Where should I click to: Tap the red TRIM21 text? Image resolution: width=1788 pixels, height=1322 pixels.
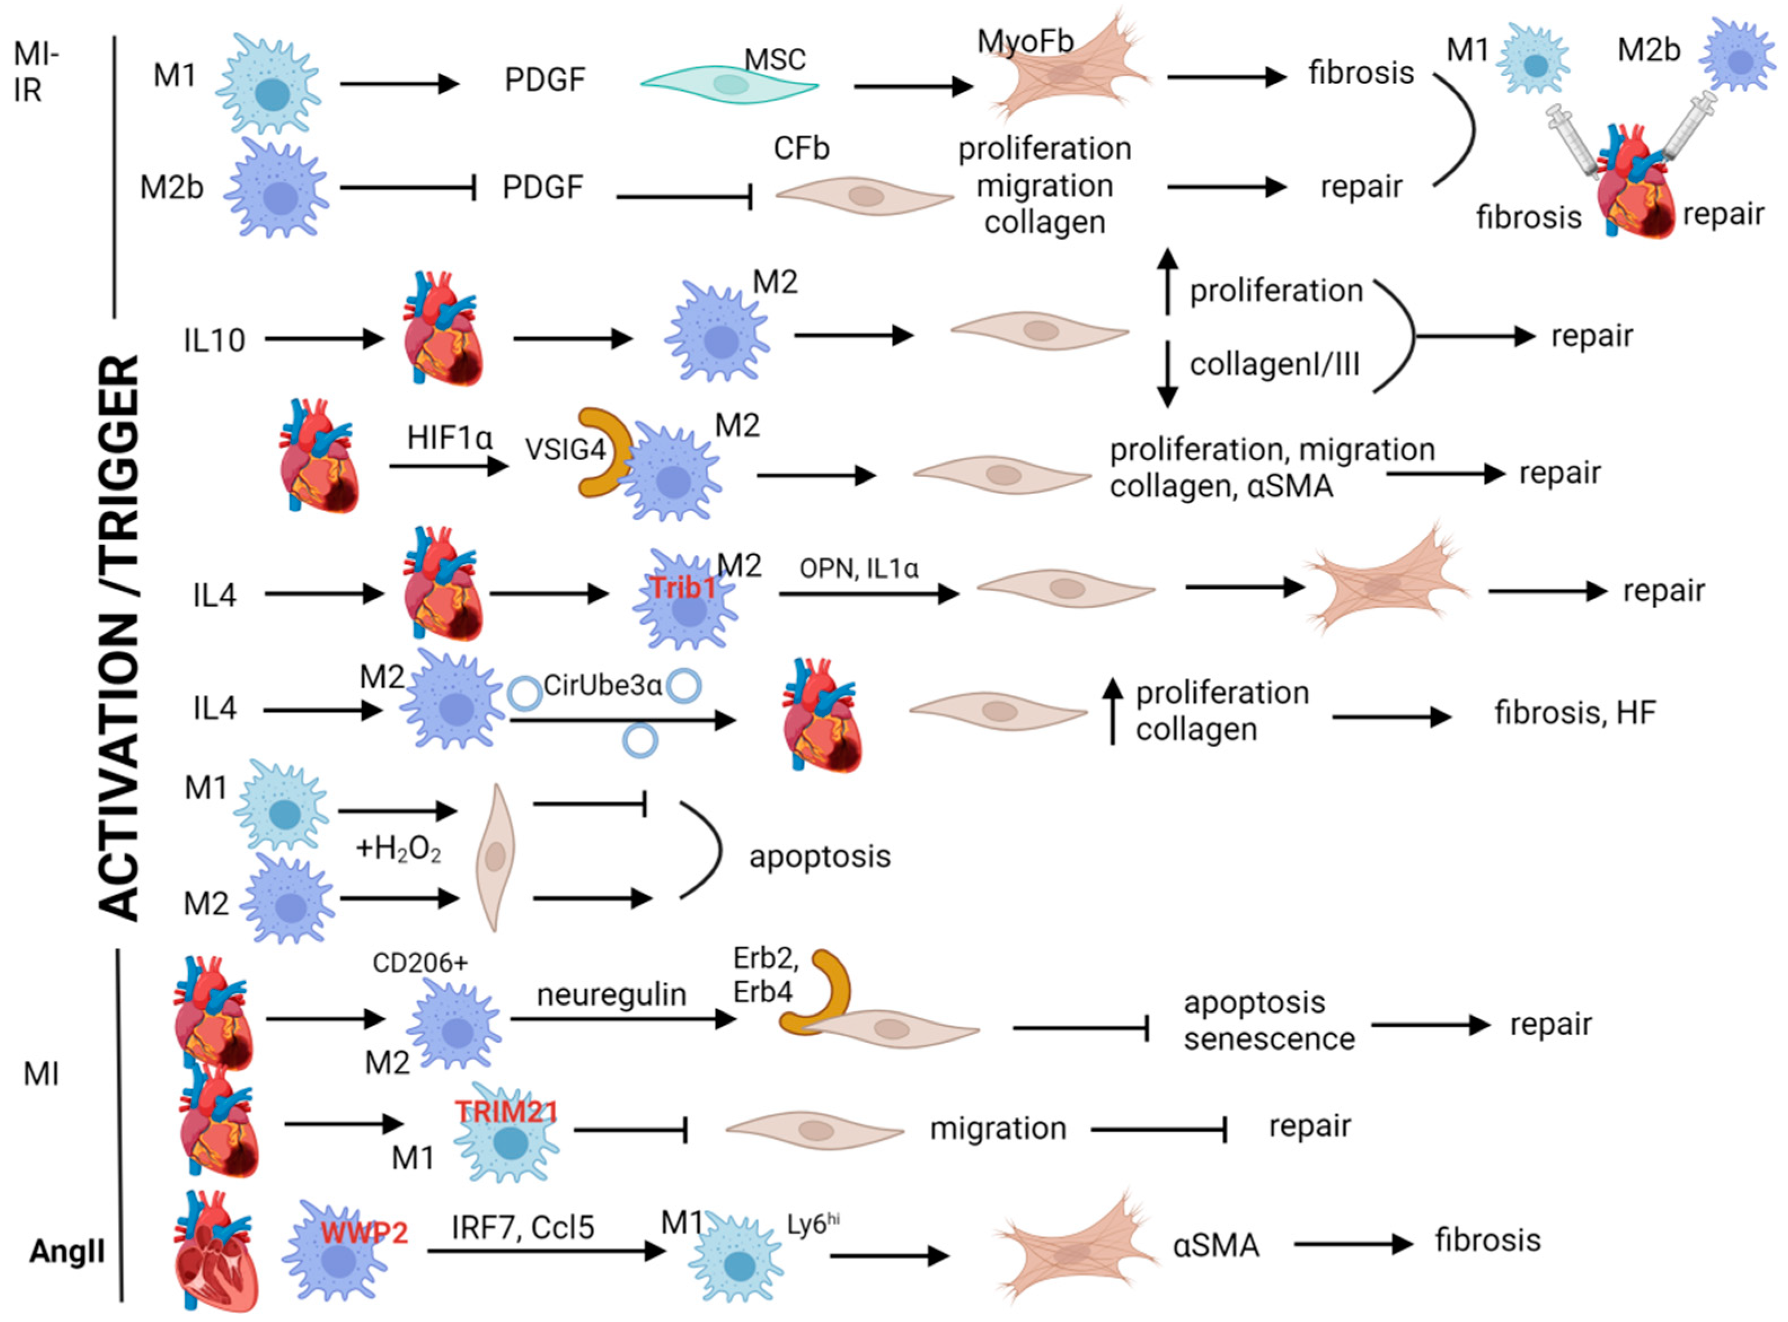pyautogui.click(x=506, y=1112)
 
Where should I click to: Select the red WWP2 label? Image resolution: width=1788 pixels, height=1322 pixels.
pyautogui.click(x=364, y=1232)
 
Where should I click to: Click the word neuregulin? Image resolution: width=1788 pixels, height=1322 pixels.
pyautogui.click(x=611, y=995)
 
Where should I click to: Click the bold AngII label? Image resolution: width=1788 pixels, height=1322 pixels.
pyautogui.click(x=67, y=1251)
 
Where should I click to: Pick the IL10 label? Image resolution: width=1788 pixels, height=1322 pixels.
pyautogui.click(x=214, y=340)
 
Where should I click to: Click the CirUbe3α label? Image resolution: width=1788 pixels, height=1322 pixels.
pyautogui.click(x=602, y=686)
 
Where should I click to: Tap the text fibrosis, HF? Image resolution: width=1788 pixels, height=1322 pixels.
pyautogui.click(x=1574, y=712)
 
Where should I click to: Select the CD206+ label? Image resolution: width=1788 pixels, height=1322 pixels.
pyautogui.click(x=420, y=963)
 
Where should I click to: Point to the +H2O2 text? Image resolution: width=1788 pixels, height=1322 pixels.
pyautogui.click(x=398, y=848)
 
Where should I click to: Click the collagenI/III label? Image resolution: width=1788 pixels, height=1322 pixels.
pyautogui.click(x=1274, y=365)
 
